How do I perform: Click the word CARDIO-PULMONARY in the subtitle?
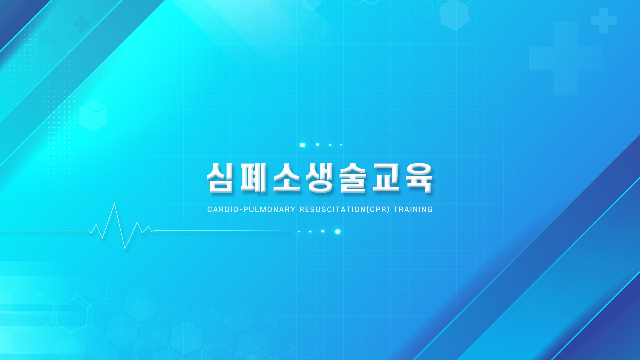(251, 210)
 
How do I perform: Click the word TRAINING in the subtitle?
(413, 210)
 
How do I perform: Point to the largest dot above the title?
(303, 145)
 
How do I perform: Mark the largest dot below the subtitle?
(338, 232)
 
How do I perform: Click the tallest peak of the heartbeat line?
(115, 204)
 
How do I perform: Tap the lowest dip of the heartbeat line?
(125, 248)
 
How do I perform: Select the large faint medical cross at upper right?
(566, 58)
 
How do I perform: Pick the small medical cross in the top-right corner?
(604, 21)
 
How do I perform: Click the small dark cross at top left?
(82, 24)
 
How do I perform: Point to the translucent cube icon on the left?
(93, 115)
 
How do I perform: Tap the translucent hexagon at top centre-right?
(454, 15)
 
